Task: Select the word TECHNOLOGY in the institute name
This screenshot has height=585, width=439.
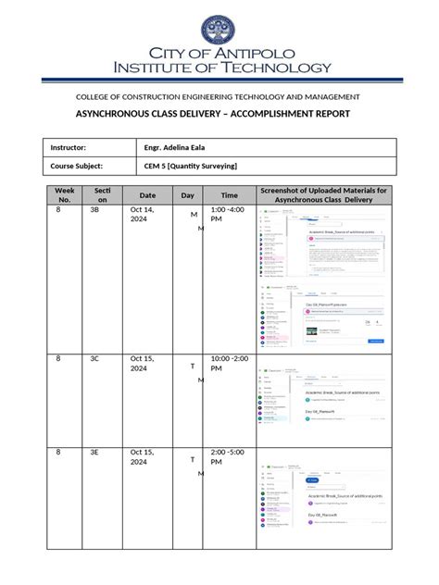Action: (x=273, y=68)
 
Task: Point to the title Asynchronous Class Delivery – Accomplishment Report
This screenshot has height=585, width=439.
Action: (x=219, y=114)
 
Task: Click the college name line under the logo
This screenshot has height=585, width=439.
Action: (x=219, y=97)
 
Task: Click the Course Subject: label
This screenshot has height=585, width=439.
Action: (x=83, y=166)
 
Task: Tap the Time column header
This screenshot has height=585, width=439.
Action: (x=229, y=195)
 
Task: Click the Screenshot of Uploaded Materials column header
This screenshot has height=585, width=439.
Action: (x=325, y=195)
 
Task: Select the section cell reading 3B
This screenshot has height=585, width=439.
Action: (x=94, y=211)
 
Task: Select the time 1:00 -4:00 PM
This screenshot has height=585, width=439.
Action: (x=229, y=217)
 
